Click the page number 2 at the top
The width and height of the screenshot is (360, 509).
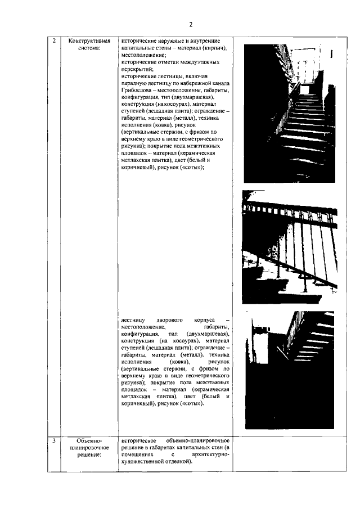(x=191, y=24)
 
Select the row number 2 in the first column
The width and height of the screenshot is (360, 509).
(x=54, y=41)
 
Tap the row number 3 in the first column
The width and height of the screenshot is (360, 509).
(x=54, y=440)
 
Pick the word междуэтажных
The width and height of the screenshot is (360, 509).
(x=200, y=62)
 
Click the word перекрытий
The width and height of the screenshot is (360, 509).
(x=137, y=69)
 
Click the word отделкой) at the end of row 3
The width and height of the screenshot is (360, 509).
(x=175, y=461)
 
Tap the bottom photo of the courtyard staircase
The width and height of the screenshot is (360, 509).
(x=290, y=369)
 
